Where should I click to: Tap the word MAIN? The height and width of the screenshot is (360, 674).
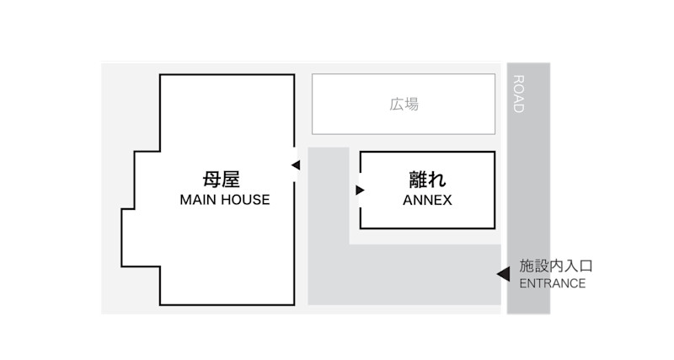click(x=199, y=200)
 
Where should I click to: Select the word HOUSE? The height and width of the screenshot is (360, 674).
click(x=244, y=200)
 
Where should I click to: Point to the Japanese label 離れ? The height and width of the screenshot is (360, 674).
click(x=427, y=179)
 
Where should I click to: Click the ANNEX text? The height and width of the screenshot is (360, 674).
click(x=427, y=201)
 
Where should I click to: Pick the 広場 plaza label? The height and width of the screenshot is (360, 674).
click(x=404, y=105)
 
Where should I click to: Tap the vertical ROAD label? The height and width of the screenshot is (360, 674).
click(x=519, y=94)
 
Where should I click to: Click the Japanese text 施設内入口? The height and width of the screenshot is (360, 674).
click(x=556, y=266)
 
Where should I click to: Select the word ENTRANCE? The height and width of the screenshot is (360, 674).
click(x=552, y=283)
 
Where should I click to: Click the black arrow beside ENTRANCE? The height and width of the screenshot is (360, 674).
click(x=503, y=274)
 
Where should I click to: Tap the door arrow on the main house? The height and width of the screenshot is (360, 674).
click(x=295, y=165)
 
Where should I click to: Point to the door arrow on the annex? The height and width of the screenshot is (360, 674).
click(x=360, y=190)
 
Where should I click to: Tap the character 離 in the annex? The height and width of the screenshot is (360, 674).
click(x=417, y=179)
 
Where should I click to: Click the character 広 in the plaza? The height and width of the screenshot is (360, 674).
click(x=396, y=105)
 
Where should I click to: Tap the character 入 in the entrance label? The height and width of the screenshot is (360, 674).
click(x=571, y=266)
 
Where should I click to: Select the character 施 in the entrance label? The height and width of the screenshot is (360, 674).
click(x=527, y=266)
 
